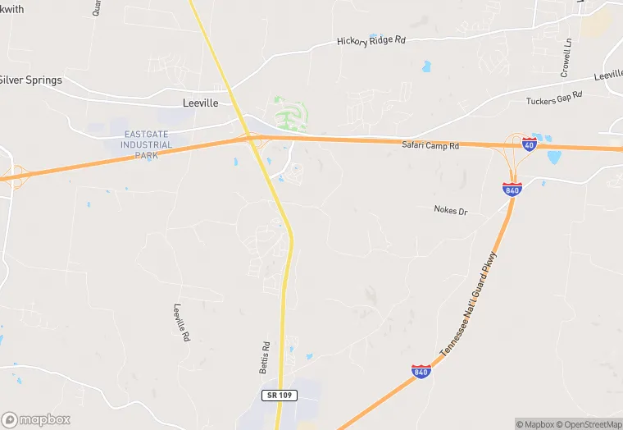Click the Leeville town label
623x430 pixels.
tap(201, 103)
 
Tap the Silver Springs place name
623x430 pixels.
tap(30, 80)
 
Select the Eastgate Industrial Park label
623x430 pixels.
tap(148, 145)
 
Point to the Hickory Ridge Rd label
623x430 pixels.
tap(371, 40)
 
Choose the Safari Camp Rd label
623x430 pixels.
tap(430, 145)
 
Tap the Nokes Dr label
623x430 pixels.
tap(450, 211)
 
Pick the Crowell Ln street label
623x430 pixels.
tap(566, 58)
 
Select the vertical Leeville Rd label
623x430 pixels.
tap(181, 323)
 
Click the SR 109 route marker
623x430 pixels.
tap(279, 396)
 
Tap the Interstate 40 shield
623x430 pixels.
tap(529, 144)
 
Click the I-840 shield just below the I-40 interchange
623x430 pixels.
tap(512, 190)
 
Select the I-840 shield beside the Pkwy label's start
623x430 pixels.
tap(421, 372)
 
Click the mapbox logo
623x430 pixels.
tap(37, 419)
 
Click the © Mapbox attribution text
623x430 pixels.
tap(535, 424)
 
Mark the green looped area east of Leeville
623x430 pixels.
tap(291, 112)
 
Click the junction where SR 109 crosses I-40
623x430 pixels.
tap(250, 139)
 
